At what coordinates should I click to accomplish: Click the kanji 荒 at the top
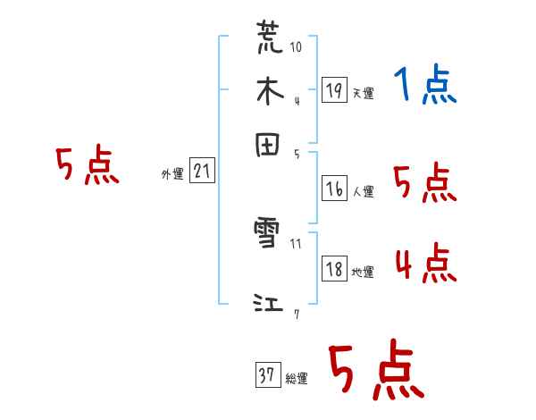(270, 38)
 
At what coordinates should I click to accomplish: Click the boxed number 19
(333, 89)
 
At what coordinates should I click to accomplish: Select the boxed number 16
(333, 189)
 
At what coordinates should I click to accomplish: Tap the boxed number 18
(333, 269)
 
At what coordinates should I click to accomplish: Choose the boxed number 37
(266, 375)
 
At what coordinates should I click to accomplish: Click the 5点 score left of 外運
(87, 167)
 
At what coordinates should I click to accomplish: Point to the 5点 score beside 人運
(425, 184)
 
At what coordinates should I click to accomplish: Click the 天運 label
(363, 93)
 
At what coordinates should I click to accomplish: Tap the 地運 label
(363, 273)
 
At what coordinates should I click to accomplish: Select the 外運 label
(172, 174)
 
